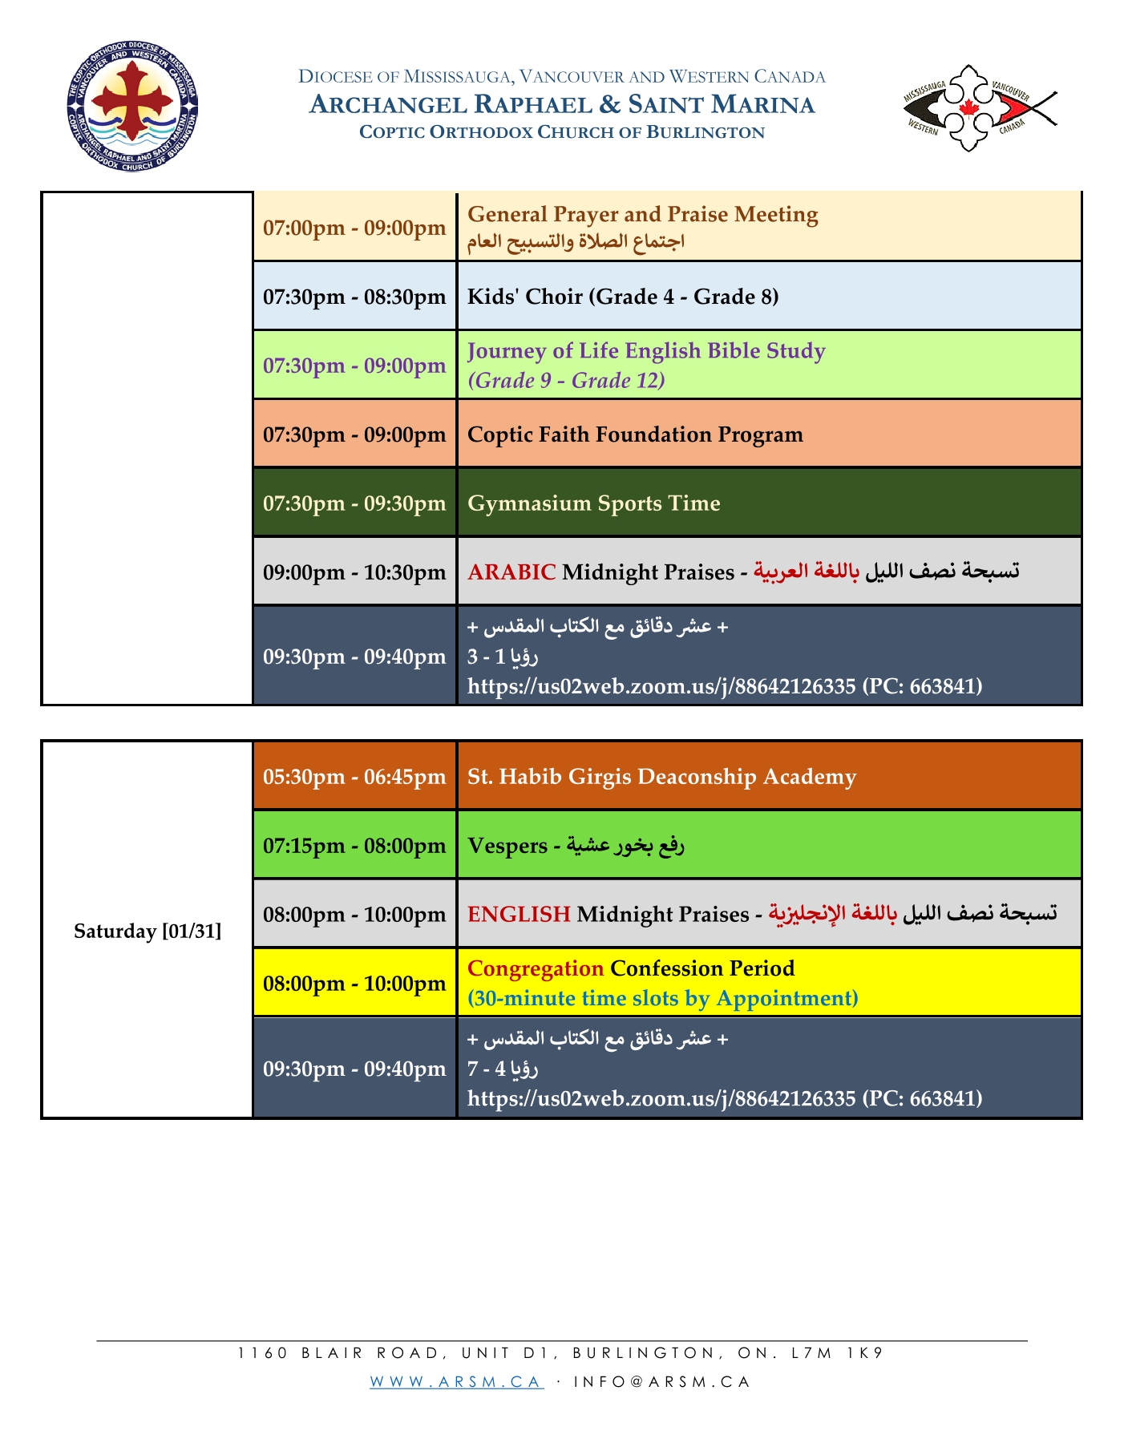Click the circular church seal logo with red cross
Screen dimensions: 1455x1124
tap(132, 107)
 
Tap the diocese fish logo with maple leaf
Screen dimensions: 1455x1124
tap(979, 108)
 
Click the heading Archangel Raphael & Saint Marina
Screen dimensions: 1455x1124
tap(561, 105)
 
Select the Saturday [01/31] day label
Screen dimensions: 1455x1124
tap(148, 931)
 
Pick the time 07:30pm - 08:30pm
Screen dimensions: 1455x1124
tap(354, 297)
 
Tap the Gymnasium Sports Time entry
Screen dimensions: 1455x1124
tap(593, 503)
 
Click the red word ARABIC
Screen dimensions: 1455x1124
tap(511, 572)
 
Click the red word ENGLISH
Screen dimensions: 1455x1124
tap(519, 914)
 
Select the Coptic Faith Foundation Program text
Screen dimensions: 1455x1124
tap(635, 434)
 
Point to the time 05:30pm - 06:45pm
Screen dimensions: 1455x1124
tap(354, 777)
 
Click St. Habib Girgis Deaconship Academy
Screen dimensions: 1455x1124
tap(661, 777)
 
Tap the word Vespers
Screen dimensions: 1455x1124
tap(507, 846)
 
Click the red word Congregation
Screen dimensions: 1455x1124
tap(535, 968)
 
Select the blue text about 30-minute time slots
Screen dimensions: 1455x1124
tap(662, 998)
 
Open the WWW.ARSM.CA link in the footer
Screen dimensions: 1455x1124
tap(456, 1381)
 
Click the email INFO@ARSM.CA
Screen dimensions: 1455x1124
tap(661, 1381)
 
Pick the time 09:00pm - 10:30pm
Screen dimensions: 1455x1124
tap(354, 572)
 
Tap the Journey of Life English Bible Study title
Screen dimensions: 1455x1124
tap(646, 351)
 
